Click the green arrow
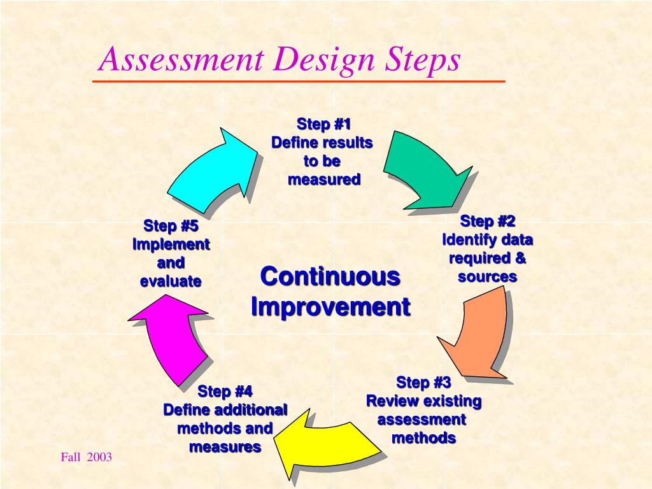point(423,169)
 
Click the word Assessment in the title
point(181,60)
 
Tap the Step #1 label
point(323,123)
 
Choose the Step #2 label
point(488,221)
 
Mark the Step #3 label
point(423,383)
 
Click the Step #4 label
point(225,390)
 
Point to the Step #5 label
point(171,225)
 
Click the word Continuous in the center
point(330,276)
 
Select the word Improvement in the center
point(330,306)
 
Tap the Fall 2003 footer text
point(87,457)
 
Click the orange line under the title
point(299,81)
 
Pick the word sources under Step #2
point(487,277)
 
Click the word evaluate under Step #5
point(171,281)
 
